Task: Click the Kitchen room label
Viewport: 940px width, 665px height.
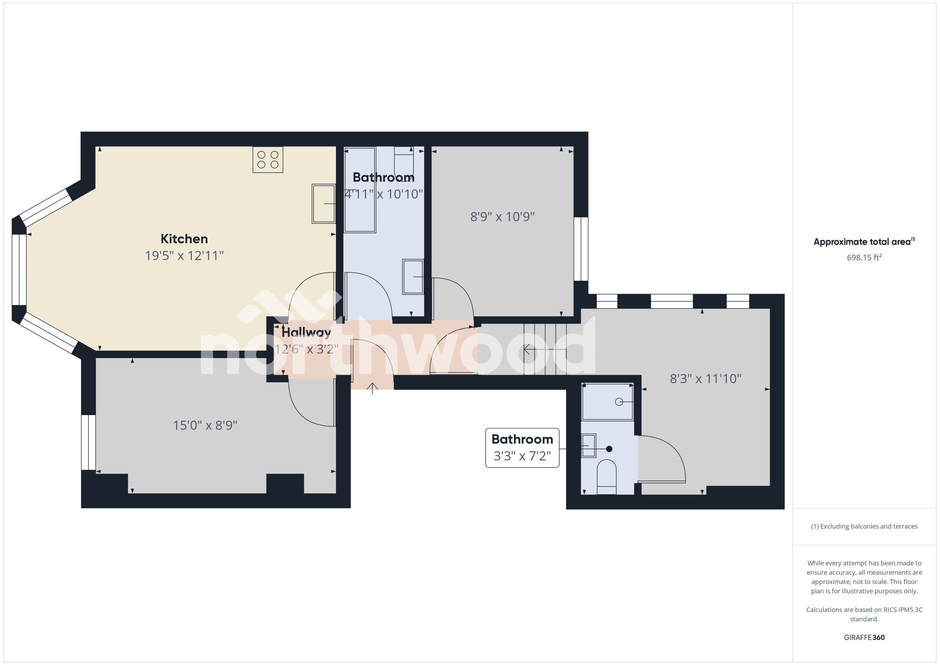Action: click(x=184, y=239)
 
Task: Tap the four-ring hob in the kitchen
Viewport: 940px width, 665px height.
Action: click(x=268, y=160)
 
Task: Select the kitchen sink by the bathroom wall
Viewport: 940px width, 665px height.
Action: click(x=324, y=204)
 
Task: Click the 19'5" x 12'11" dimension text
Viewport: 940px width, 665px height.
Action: click(x=184, y=256)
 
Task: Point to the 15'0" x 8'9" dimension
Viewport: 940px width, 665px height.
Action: click(x=205, y=425)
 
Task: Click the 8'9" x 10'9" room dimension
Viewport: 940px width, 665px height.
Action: click(x=502, y=216)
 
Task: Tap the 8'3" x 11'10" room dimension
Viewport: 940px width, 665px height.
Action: click(x=705, y=378)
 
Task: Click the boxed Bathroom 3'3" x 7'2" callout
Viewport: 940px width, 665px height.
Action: click(x=522, y=448)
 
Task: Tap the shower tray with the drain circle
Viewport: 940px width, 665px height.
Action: click(x=608, y=402)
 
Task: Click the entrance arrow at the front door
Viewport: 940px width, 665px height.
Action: click(x=372, y=388)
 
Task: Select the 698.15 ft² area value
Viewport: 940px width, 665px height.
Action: click(x=864, y=257)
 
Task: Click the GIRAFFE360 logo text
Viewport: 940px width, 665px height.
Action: click(x=864, y=637)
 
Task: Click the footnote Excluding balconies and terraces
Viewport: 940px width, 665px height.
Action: click(x=864, y=526)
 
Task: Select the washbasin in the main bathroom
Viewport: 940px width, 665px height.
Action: click(x=413, y=277)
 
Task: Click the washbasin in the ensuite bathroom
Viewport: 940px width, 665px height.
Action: click(x=589, y=445)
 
